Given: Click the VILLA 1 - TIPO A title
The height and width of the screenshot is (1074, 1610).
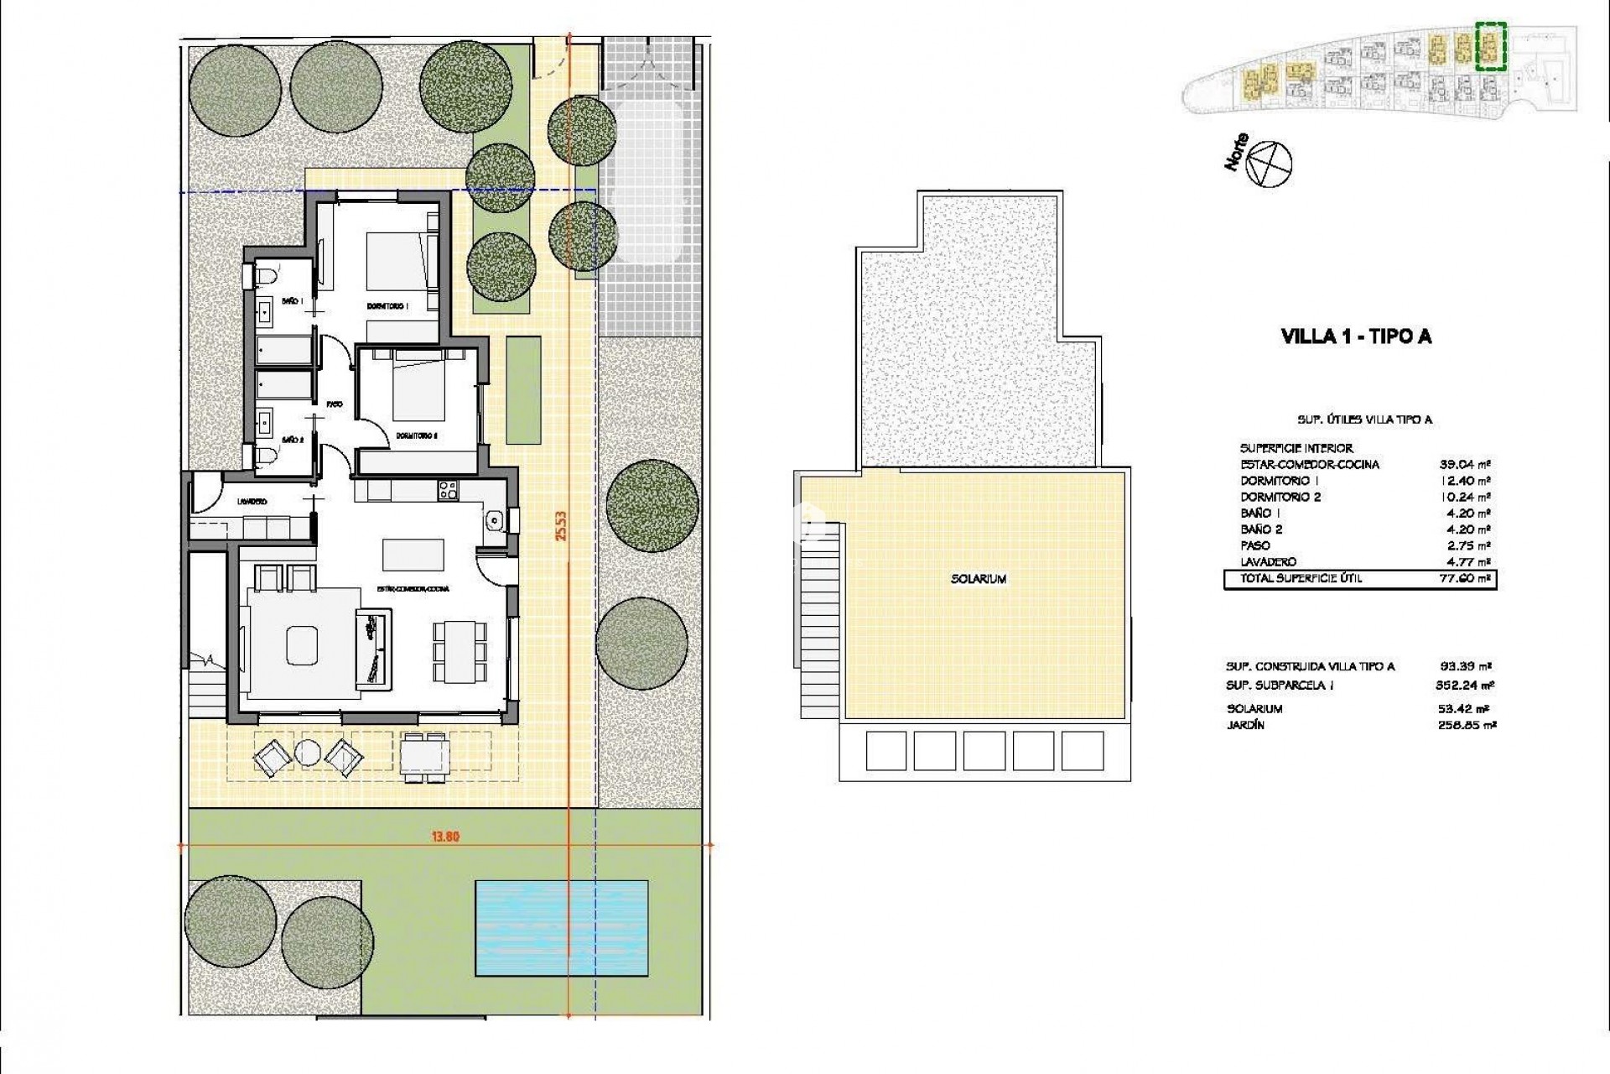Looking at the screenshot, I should (1356, 336).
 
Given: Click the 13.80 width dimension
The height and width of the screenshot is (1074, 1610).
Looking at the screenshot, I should (445, 836).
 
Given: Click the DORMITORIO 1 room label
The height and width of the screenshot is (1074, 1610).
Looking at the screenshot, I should (387, 306).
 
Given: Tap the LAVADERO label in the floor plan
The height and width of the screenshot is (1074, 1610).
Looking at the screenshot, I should (252, 502).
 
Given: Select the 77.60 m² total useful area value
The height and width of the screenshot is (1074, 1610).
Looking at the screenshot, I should (1464, 578).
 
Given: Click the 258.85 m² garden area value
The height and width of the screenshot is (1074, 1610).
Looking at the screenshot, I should (1464, 725).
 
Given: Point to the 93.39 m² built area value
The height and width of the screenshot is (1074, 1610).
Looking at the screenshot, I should (1464, 666).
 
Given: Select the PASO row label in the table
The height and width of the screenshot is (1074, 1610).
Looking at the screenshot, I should (1255, 545).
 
